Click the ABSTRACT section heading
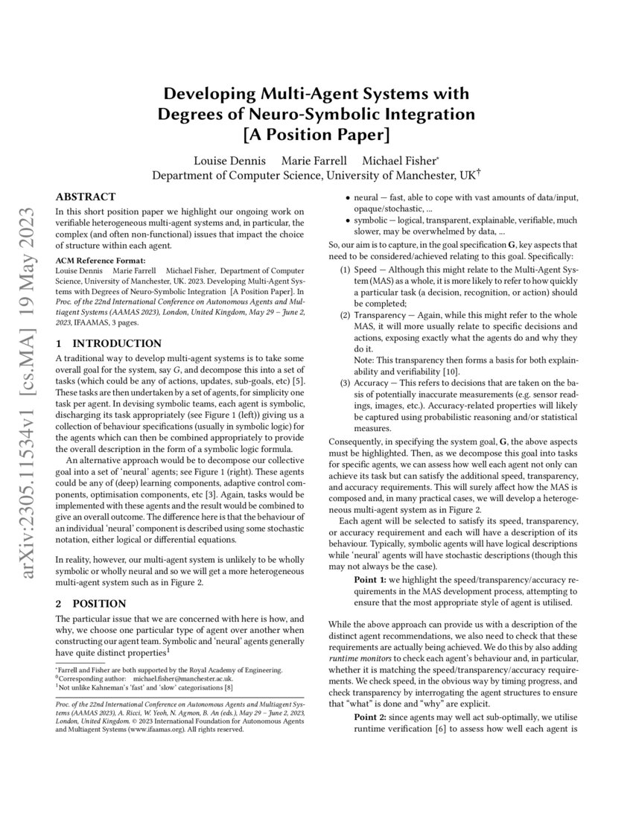point(86,197)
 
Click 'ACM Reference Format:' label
point(95,260)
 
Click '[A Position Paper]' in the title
point(316,136)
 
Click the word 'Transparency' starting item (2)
point(378,315)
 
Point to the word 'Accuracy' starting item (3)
point(369,383)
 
